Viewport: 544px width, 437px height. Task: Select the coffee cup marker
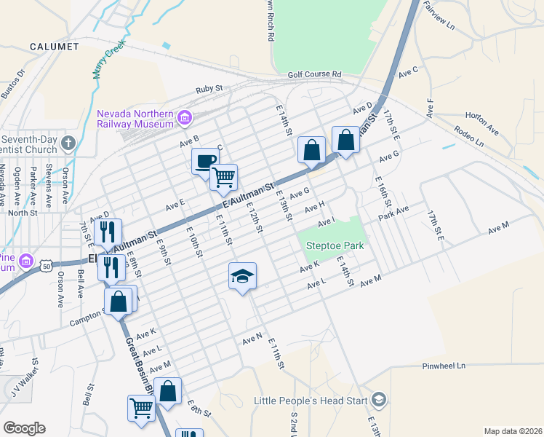coord(205,161)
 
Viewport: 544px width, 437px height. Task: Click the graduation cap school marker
coord(243,276)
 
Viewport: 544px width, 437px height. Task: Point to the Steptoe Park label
coord(335,246)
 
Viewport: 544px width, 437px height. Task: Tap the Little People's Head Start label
coord(311,401)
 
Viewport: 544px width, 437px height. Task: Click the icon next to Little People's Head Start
coord(378,400)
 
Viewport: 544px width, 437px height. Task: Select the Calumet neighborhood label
coord(54,47)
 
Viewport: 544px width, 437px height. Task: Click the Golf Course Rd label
coord(314,74)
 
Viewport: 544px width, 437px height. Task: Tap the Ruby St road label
coord(208,89)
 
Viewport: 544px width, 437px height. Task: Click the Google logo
coord(25,428)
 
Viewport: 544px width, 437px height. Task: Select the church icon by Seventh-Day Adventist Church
coord(68,142)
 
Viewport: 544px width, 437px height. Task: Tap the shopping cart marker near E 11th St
coord(223,177)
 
